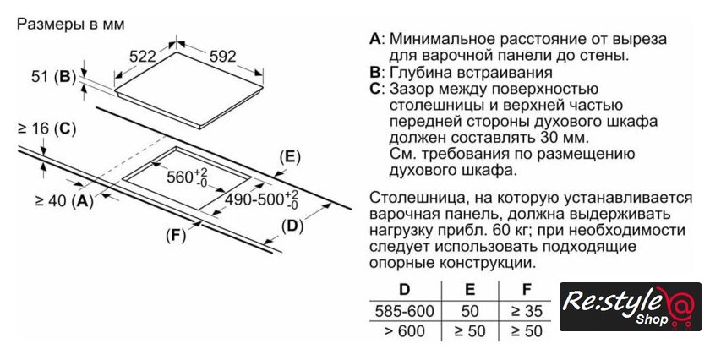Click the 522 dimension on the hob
click(x=142, y=56)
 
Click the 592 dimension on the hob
click(x=223, y=56)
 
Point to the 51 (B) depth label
click(x=53, y=77)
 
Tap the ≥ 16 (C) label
click(x=46, y=129)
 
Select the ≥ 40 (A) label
click(x=64, y=200)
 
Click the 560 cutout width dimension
click(x=187, y=177)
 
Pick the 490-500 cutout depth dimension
click(x=262, y=199)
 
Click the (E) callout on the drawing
click(x=290, y=156)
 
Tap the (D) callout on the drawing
click(x=292, y=226)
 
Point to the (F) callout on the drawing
click(x=176, y=236)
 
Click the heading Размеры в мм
click(x=70, y=24)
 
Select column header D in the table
click(x=404, y=289)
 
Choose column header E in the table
click(x=470, y=289)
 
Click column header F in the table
click(x=526, y=289)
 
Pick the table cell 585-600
click(x=404, y=311)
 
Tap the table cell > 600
click(x=404, y=331)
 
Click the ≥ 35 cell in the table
click(x=526, y=311)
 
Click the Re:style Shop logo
click(x=631, y=306)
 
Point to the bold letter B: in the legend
click(x=376, y=73)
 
